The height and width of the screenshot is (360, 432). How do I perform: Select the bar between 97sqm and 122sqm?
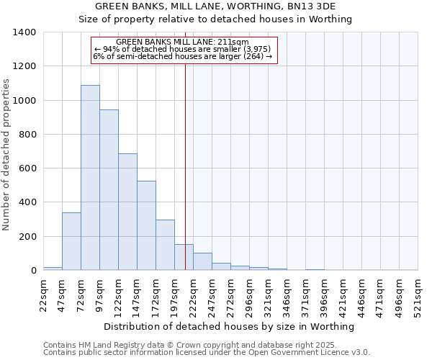point(109,190)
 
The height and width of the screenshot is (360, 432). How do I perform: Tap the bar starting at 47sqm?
point(71,242)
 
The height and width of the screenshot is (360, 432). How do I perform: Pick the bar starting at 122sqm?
point(127,212)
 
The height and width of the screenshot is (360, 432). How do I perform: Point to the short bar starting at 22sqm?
point(53,269)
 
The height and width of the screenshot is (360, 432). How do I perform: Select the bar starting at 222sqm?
point(202,262)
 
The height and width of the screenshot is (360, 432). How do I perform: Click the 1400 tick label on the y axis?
point(24,32)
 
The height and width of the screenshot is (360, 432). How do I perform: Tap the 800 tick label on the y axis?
point(27,135)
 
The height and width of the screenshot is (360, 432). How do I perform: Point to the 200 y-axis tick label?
point(27,237)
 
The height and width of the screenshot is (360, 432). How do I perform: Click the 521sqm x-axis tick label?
point(418,294)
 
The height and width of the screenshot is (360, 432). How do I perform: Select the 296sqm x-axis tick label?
point(249,294)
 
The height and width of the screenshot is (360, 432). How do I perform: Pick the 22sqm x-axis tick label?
point(44,294)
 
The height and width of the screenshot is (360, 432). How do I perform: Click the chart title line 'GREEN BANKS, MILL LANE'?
point(215,6)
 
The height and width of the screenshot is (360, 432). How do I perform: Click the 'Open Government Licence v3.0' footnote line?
point(207,353)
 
